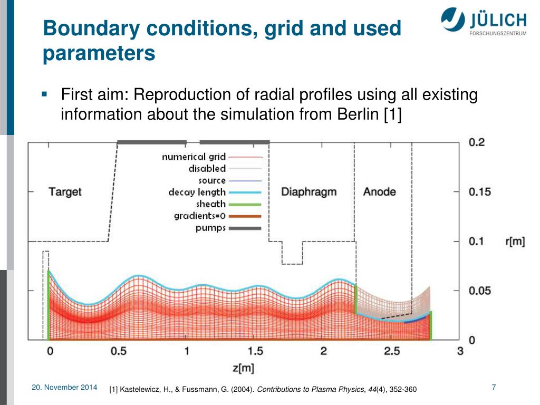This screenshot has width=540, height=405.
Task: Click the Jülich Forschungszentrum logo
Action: [x=483, y=23]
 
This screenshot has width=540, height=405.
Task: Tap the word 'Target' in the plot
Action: [x=65, y=191]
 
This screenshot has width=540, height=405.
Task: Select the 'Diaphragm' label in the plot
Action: [x=308, y=191]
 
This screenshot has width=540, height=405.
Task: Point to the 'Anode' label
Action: [x=379, y=191]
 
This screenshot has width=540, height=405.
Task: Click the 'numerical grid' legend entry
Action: [x=194, y=157]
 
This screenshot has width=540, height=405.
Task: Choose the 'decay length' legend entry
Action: [x=197, y=192]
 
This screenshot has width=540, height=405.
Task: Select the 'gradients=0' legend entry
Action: [x=200, y=216]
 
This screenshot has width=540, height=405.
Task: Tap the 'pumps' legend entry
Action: [x=210, y=228]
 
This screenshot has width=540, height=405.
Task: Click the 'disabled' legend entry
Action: [x=207, y=169]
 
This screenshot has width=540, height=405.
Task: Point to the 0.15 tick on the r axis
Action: [x=480, y=192]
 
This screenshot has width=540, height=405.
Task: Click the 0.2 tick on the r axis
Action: [x=476, y=142]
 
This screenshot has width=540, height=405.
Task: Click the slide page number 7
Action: [x=494, y=388]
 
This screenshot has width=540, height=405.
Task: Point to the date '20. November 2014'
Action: [x=64, y=388]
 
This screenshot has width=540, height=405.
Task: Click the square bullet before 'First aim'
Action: [x=44, y=95]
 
